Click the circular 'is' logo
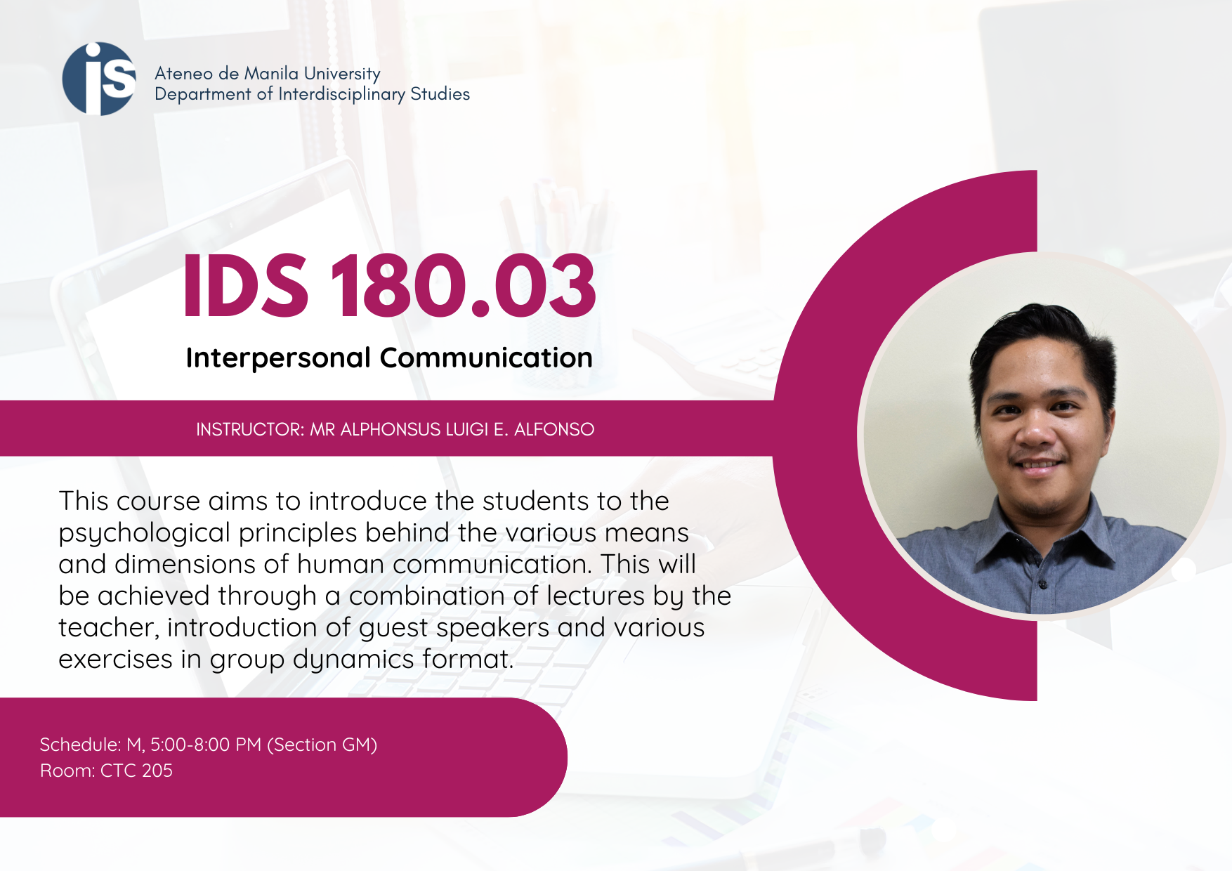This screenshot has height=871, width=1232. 99,79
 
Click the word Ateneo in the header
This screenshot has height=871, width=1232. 183,74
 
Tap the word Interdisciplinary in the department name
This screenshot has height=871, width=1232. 341,95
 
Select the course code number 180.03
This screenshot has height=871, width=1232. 463,286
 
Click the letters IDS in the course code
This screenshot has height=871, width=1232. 246,286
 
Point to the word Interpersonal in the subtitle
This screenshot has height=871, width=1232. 278,358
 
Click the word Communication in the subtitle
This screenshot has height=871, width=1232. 486,358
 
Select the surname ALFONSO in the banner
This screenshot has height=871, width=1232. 554,429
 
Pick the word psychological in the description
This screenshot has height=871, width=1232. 144,534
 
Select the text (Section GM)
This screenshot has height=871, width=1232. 322,745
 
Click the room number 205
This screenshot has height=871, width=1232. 157,771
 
